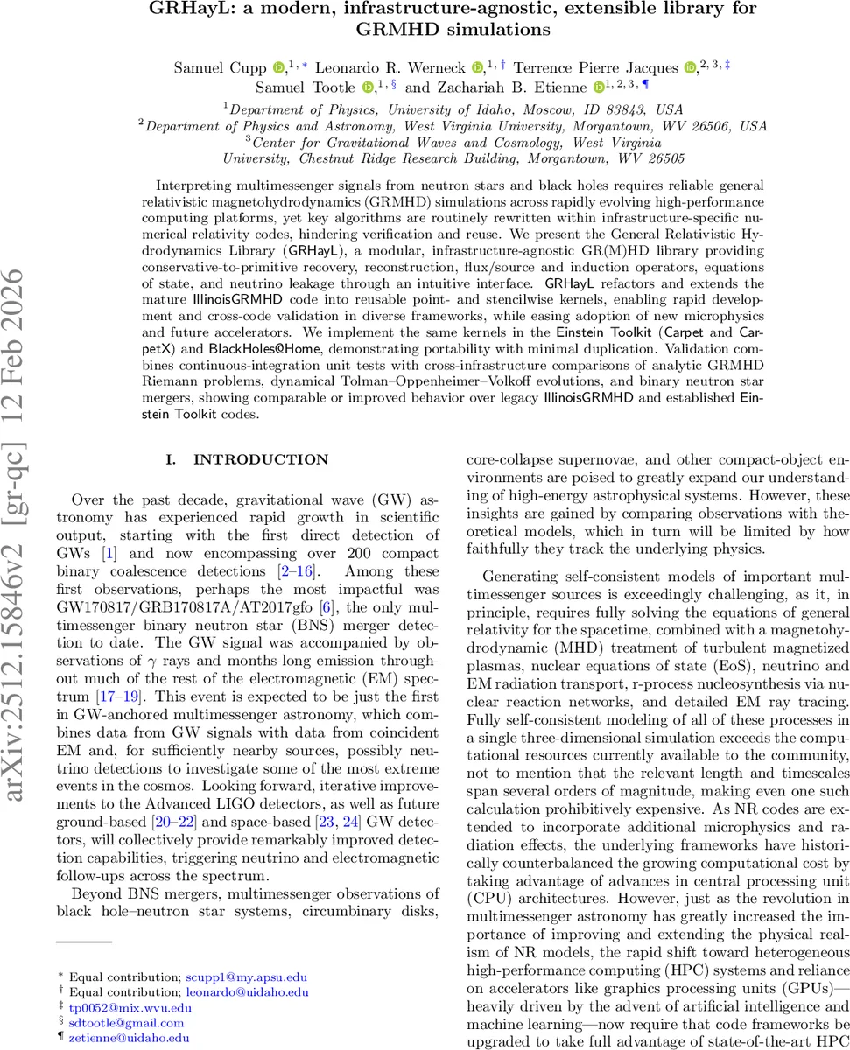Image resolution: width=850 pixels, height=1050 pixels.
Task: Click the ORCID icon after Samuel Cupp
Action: pyautogui.click(x=278, y=67)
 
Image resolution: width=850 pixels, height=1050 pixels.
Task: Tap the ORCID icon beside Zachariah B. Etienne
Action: pyautogui.click(x=599, y=87)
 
